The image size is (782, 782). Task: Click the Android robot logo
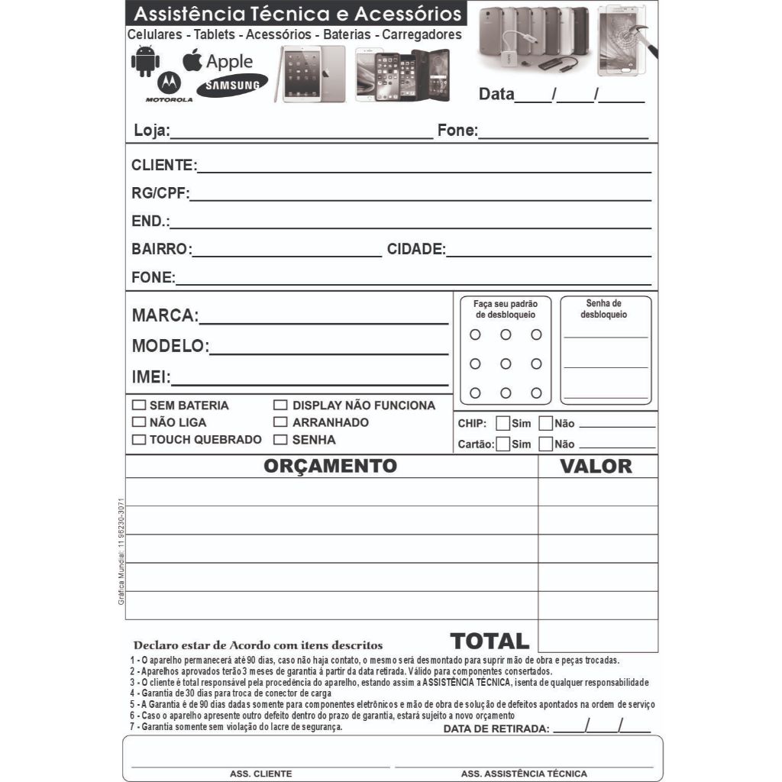point(144,61)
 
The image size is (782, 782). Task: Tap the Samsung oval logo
point(232,85)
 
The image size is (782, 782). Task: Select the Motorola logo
point(169,86)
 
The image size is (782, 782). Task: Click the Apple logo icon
point(192,60)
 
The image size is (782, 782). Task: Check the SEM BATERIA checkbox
point(138,406)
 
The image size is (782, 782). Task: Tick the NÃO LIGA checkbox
point(138,422)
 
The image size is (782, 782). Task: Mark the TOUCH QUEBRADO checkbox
point(138,440)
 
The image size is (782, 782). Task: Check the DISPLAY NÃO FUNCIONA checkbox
point(280,406)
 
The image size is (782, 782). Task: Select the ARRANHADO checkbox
point(280,422)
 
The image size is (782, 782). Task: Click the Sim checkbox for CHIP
point(503,423)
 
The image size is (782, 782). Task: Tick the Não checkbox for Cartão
point(546,444)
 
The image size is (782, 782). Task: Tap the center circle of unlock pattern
point(506,364)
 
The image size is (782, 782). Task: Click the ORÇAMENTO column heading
point(331,466)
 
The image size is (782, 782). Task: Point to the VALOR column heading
point(596,467)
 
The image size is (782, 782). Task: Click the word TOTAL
point(490,641)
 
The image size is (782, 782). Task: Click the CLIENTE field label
point(163,166)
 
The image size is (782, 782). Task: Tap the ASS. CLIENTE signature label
point(260,774)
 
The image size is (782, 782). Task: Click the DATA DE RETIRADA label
point(496,729)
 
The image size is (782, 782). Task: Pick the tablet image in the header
point(312,74)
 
